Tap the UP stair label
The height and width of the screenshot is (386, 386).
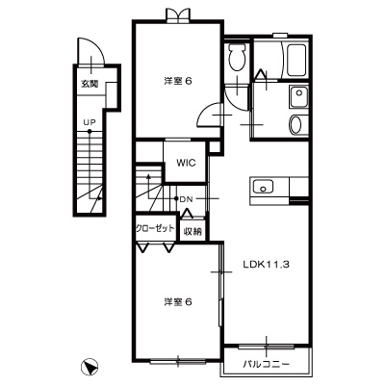[x=89, y=122]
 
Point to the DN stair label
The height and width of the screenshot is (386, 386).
[x=186, y=198]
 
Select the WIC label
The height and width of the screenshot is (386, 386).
[x=186, y=163]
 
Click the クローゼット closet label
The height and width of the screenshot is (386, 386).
[x=154, y=228]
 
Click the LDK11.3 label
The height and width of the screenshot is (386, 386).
[x=265, y=262]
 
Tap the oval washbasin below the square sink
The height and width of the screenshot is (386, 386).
[x=296, y=124]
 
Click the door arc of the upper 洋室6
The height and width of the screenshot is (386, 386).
[x=208, y=113]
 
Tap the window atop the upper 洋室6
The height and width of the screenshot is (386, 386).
[x=176, y=13]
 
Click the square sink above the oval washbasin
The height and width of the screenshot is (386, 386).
[x=296, y=96]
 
